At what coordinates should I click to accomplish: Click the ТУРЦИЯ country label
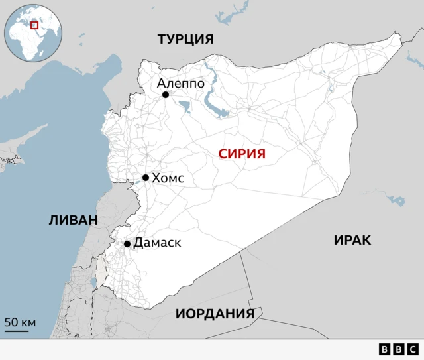(x=185, y=39)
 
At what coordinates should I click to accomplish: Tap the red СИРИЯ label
(x=242, y=154)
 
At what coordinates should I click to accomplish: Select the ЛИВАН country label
(x=73, y=220)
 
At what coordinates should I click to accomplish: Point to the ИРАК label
(x=352, y=240)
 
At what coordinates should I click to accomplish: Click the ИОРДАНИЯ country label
(x=215, y=314)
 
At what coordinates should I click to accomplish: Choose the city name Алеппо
(x=180, y=83)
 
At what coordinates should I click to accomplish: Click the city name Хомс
(x=168, y=178)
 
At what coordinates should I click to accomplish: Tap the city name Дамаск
(x=157, y=243)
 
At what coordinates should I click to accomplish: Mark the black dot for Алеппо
(x=166, y=95)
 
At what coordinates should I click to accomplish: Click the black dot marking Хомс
(x=146, y=178)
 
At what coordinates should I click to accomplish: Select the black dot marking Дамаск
(x=127, y=244)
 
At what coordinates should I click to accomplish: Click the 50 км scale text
(x=20, y=323)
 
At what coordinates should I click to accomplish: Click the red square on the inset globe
(x=34, y=25)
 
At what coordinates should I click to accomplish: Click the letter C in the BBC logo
(x=412, y=349)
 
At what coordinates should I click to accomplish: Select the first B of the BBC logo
(x=385, y=349)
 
